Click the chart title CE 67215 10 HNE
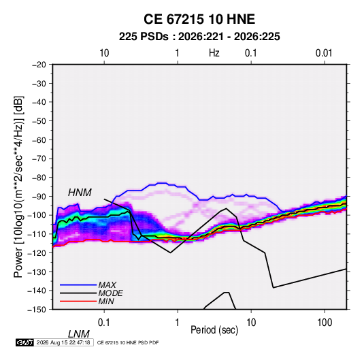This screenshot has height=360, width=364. (199, 19)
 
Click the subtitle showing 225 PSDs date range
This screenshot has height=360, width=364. (199, 37)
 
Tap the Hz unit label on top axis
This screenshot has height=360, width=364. (214, 53)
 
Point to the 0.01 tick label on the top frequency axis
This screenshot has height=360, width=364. (324, 53)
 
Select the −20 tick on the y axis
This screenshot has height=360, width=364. (39, 65)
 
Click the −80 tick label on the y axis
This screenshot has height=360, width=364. (39, 178)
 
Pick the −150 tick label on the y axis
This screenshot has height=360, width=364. (37, 310)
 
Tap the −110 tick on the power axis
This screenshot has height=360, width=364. (37, 234)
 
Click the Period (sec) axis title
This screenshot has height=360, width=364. (214, 330)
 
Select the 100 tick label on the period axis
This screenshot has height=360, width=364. (325, 323)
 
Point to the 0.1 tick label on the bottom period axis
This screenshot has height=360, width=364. (104, 323)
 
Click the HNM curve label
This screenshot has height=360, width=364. (80, 193)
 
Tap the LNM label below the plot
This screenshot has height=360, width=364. (79, 334)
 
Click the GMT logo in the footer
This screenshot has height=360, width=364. (24, 342)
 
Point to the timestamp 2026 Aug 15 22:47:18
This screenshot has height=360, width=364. (63, 342)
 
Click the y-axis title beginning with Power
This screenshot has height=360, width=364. (18, 187)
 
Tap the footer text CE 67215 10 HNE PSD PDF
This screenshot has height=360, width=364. (128, 342)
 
